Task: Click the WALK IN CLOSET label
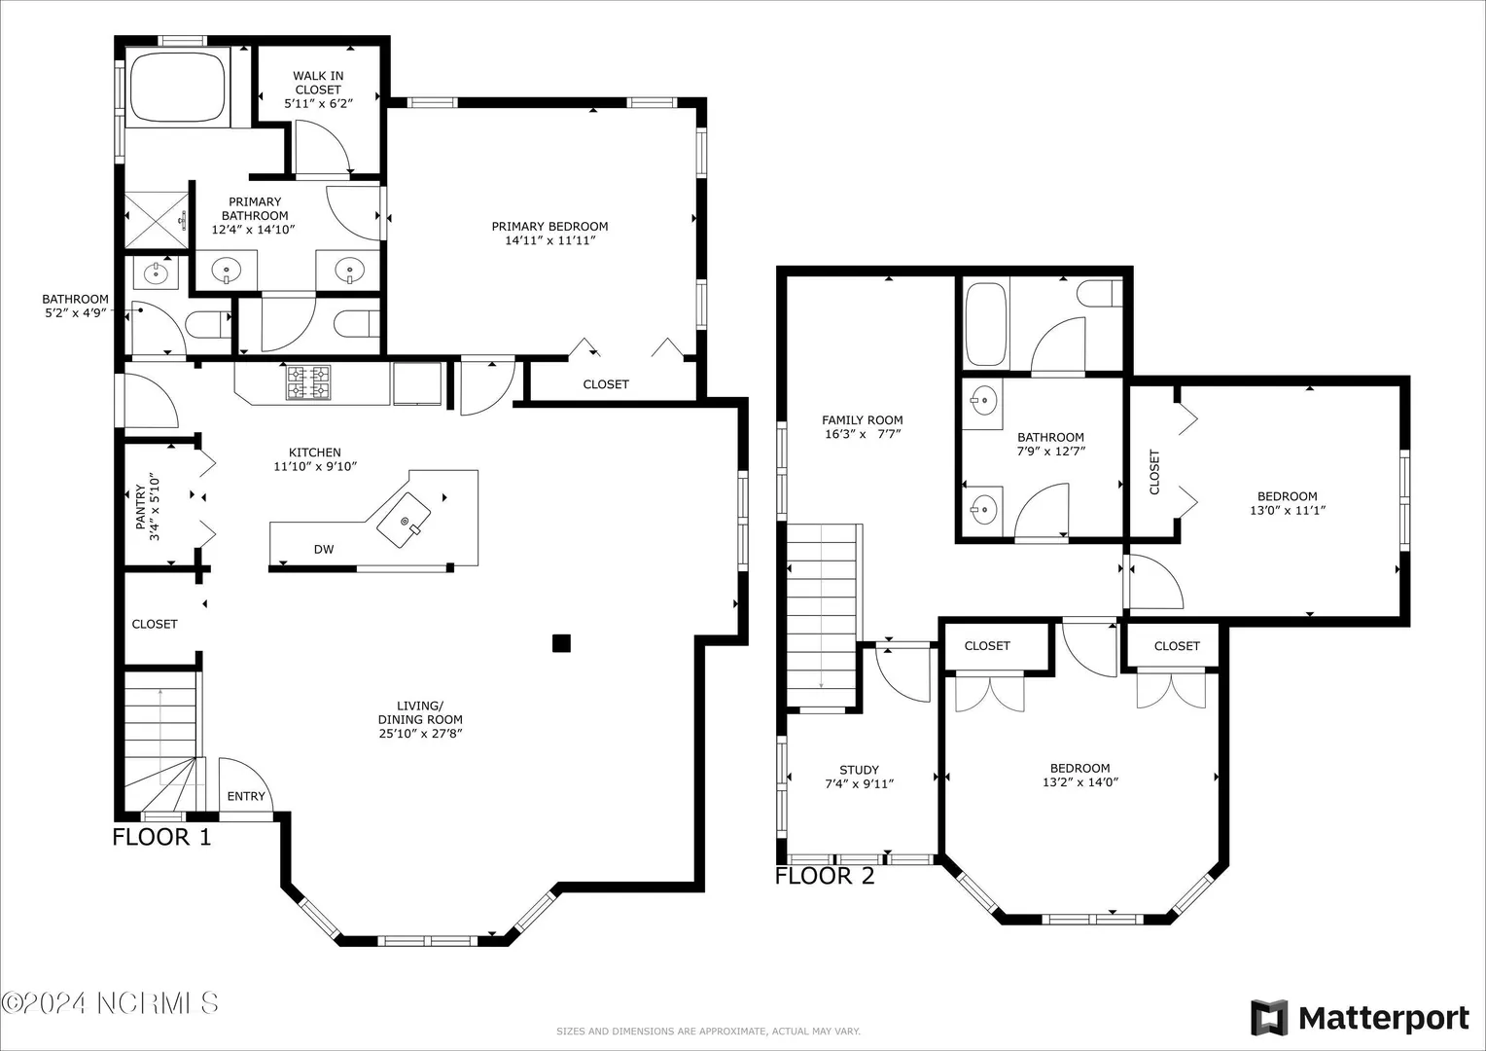[x=318, y=83]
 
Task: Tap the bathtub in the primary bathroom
[x=177, y=87]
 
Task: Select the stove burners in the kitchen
[x=308, y=382]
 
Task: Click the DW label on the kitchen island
[x=324, y=549]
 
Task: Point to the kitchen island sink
[x=404, y=520]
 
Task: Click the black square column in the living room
[x=561, y=642]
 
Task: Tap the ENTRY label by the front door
[x=246, y=796]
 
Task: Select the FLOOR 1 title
[x=161, y=837]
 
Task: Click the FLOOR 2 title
[x=825, y=876]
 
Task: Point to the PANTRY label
[x=141, y=507]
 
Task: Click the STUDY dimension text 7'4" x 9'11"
[x=859, y=783]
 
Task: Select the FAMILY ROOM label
[x=863, y=419]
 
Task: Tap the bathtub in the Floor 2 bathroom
[x=986, y=324]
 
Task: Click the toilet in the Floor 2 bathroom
[x=1099, y=293]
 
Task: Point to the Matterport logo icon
[x=1269, y=1018]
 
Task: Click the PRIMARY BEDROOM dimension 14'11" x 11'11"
[x=549, y=240]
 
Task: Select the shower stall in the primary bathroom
[x=157, y=221]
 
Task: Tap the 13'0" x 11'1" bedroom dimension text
[x=1288, y=510]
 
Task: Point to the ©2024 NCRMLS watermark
[x=110, y=1002]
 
